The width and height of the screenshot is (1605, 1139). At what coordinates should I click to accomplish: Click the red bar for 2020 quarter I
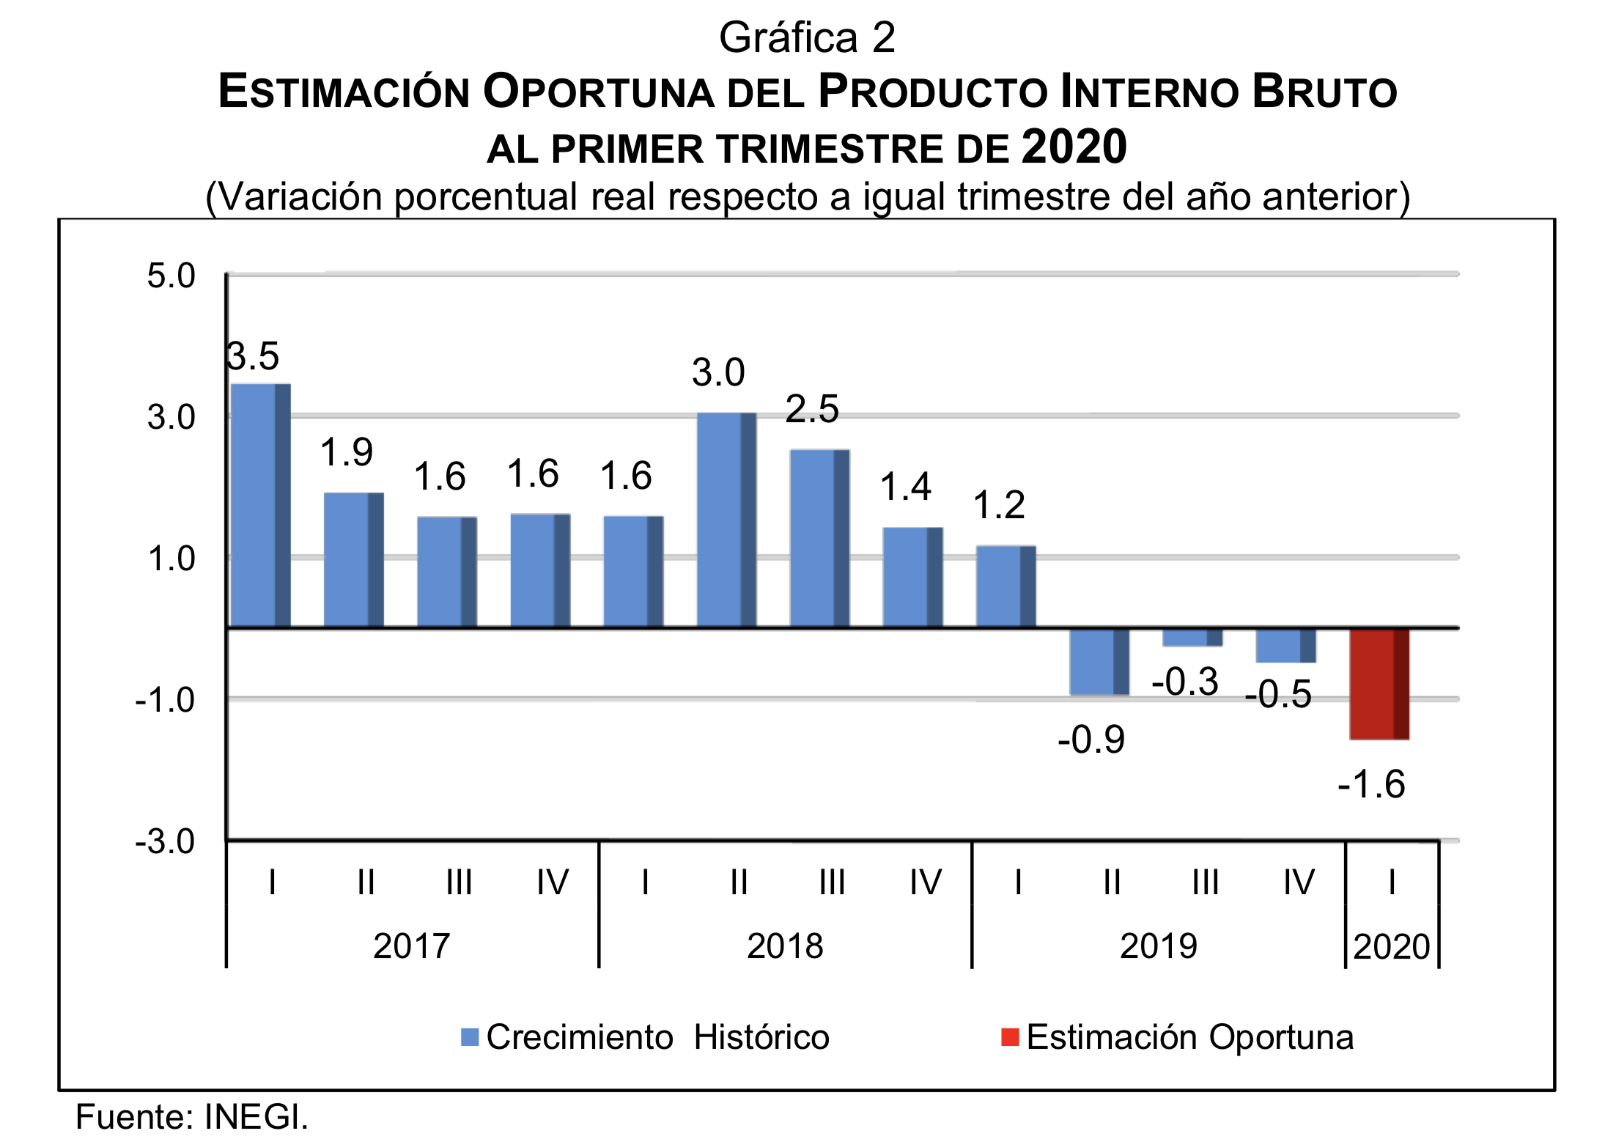(x=1379, y=683)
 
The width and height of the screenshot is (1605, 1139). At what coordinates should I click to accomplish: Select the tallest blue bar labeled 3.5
(x=260, y=506)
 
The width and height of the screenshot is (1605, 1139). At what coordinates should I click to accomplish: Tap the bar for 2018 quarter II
(x=726, y=520)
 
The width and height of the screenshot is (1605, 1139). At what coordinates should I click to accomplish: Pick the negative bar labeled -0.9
(x=1099, y=661)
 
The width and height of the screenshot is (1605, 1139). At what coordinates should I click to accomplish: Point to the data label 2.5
(x=812, y=410)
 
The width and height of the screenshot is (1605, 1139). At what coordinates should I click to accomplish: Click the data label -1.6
(x=1371, y=784)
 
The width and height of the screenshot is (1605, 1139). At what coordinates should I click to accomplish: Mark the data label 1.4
(x=906, y=487)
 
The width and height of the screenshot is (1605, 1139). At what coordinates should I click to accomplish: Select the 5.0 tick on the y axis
(x=171, y=276)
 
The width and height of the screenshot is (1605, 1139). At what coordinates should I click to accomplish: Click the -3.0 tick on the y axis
(x=165, y=841)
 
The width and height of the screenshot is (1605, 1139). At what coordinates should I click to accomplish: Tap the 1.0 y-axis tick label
(x=171, y=559)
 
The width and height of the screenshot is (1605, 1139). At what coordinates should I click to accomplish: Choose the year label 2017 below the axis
(x=411, y=946)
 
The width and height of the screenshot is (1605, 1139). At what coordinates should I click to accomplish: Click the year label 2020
(x=1391, y=946)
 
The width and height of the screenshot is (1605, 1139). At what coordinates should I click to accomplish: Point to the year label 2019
(x=1158, y=946)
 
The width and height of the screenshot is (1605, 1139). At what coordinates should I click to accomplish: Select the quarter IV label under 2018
(x=925, y=882)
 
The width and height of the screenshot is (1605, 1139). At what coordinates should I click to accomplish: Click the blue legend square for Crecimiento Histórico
(x=470, y=1037)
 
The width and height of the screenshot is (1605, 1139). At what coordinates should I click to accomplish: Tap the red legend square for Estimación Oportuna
(x=1010, y=1037)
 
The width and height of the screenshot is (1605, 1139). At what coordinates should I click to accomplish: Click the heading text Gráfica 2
(x=807, y=38)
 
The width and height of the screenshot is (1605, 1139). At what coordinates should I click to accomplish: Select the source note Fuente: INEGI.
(x=192, y=1117)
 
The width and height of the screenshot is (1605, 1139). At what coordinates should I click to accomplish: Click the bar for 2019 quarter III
(x=1192, y=637)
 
